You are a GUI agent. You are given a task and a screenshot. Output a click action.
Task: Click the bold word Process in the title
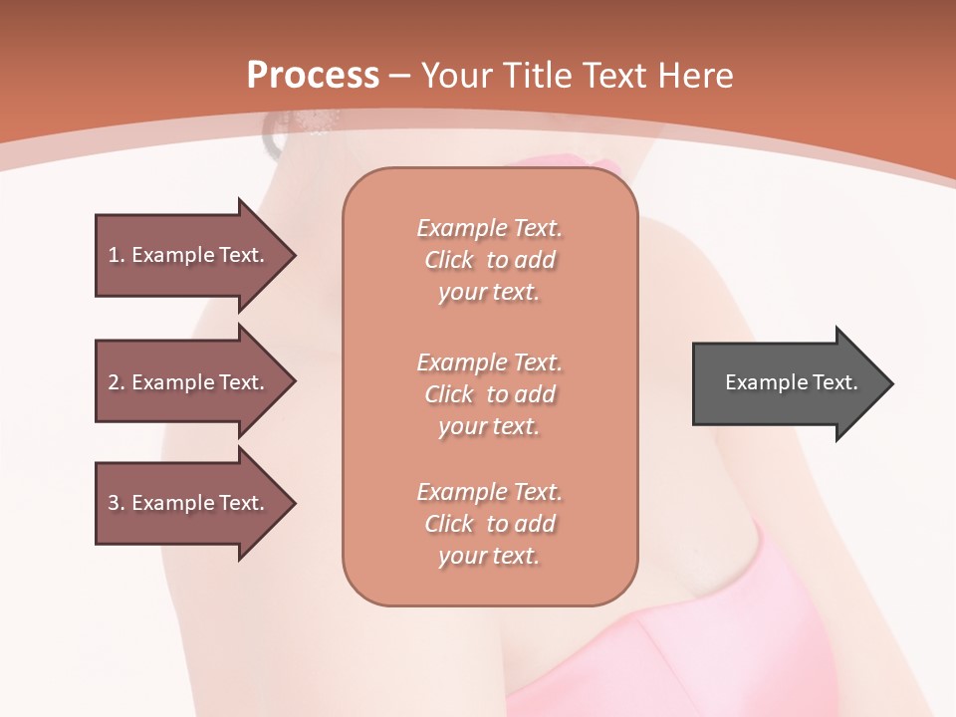coord(313,75)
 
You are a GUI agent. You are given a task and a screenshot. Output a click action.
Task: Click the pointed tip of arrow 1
coord(292,255)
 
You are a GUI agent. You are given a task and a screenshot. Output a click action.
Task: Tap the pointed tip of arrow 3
coord(292,503)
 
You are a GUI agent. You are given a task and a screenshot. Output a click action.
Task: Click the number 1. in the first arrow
coord(116,255)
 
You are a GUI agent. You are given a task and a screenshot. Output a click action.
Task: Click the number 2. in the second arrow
coord(116,382)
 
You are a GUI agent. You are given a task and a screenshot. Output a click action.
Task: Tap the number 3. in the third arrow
coord(116,503)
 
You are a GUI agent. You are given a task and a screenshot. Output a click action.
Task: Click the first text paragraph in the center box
coord(489,260)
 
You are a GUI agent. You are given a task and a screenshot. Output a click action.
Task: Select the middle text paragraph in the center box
coord(489,394)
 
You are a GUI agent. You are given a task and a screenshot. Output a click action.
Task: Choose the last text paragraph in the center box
coord(489,524)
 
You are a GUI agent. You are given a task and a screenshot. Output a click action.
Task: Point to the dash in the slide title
coord(400,76)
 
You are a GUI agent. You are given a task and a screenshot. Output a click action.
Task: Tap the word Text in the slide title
coord(614,75)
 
